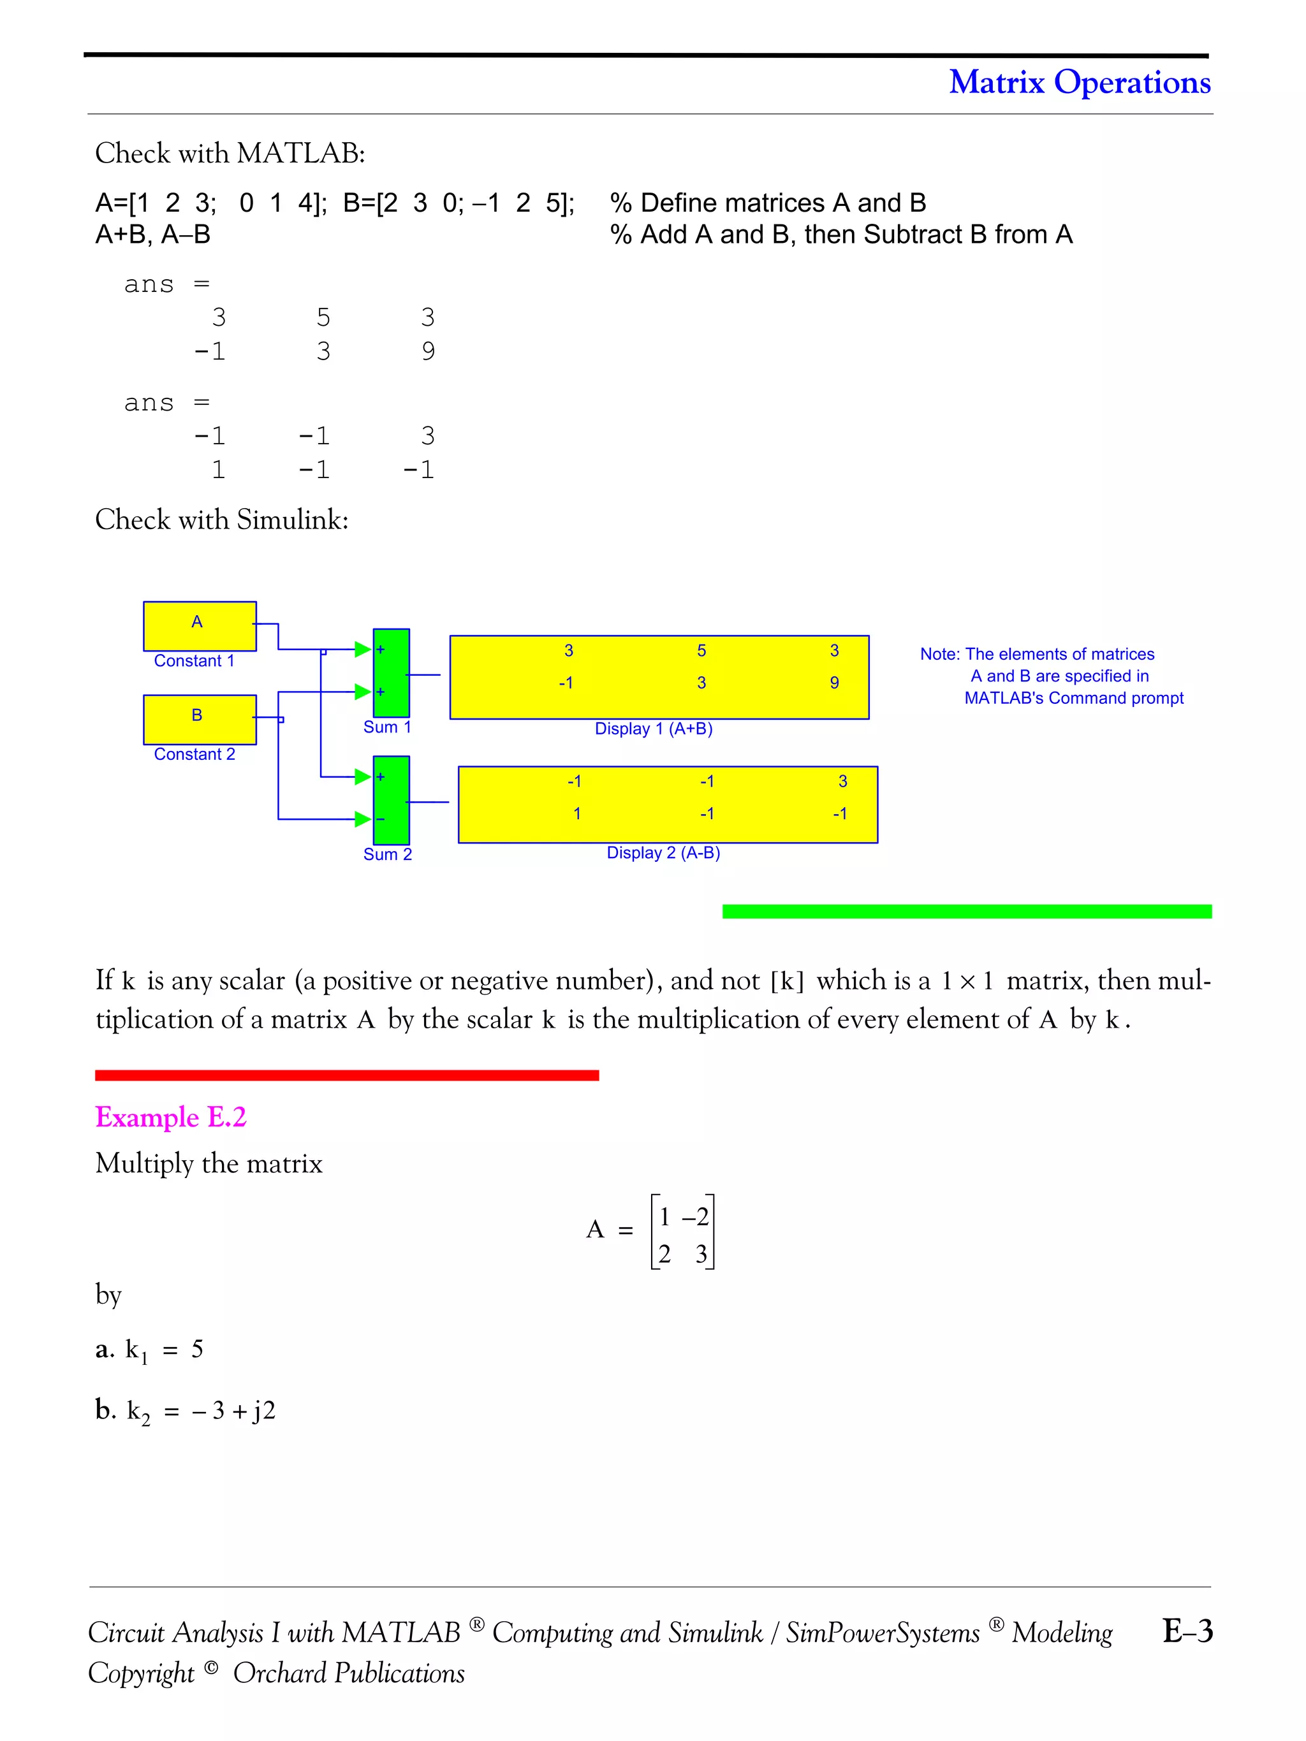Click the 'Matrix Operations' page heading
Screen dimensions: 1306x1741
[1078, 83]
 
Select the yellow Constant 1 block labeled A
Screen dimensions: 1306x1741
[199, 626]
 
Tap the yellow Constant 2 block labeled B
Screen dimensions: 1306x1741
[199, 718]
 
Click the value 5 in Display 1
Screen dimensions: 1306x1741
[701, 651]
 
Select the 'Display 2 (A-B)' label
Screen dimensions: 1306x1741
[663, 853]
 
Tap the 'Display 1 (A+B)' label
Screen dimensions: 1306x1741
[654, 729]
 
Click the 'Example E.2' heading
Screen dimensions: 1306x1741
[171, 1117]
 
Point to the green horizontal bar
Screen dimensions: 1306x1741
[967, 912]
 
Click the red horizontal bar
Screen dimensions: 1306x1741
[346, 1075]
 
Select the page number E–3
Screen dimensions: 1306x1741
[1187, 1630]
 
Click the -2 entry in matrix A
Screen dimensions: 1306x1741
[695, 1218]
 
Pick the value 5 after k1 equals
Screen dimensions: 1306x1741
[197, 1349]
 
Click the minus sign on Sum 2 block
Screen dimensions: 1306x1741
[380, 819]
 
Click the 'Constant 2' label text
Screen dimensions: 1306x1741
[194, 754]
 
